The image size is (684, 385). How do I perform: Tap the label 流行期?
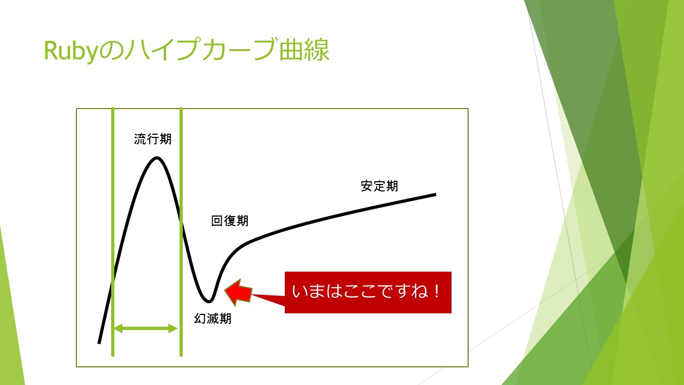[x=153, y=139]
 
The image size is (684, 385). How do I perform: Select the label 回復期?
[x=230, y=221]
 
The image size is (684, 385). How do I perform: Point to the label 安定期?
[x=379, y=186]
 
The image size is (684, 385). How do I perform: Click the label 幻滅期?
[x=213, y=319]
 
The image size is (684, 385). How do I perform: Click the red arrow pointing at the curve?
[x=238, y=292]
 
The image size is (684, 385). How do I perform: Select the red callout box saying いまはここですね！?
[x=368, y=292]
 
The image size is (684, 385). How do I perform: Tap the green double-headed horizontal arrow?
[x=146, y=328]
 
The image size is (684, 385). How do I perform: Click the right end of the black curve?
[x=436, y=194]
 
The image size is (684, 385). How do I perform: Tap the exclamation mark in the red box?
[x=437, y=292]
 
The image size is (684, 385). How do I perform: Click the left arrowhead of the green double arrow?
[x=119, y=328]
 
